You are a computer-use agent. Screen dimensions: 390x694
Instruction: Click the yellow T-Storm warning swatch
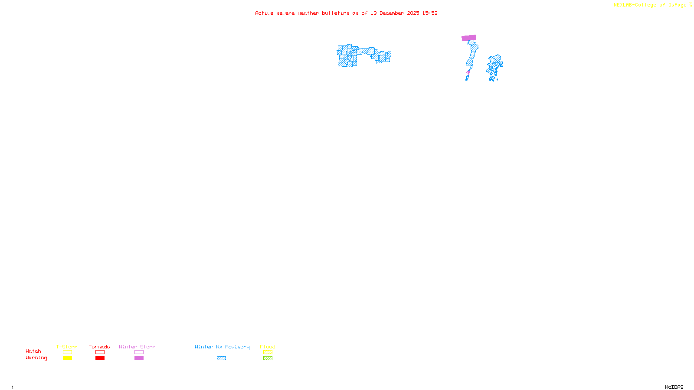pyautogui.click(x=67, y=358)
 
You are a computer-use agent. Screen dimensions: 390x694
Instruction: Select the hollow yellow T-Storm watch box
pyautogui.click(x=67, y=352)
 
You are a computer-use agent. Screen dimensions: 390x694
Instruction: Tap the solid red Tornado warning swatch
pyautogui.click(x=100, y=358)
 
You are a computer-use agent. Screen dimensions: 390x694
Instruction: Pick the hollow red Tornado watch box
pyautogui.click(x=100, y=352)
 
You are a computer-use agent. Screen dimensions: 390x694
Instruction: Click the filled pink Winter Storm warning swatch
pyautogui.click(x=139, y=358)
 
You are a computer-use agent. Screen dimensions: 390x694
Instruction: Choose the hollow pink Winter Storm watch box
pyautogui.click(x=139, y=352)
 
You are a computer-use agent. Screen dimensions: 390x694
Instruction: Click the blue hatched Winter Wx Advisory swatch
pyautogui.click(x=221, y=358)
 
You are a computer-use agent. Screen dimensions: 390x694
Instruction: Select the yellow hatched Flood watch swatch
pyautogui.click(x=268, y=352)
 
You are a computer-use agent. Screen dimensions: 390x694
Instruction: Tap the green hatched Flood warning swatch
pyautogui.click(x=268, y=358)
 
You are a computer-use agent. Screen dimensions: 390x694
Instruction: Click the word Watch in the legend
pyautogui.click(x=33, y=351)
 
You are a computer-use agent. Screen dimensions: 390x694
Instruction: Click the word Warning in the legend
pyautogui.click(x=36, y=358)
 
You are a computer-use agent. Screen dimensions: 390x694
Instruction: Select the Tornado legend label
pyautogui.click(x=99, y=347)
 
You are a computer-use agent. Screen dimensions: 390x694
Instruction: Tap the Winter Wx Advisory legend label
pyautogui.click(x=222, y=347)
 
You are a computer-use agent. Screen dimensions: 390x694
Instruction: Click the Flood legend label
pyautogui.click(x=268, y=347)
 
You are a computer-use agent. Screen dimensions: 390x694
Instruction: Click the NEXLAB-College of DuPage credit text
pyautogui.click(x=650, y=5)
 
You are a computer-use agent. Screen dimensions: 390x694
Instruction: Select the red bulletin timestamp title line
pyautogui.click(x=346, y=13)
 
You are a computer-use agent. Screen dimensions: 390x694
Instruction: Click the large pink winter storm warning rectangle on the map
pyautogui.click(x=469, y=38)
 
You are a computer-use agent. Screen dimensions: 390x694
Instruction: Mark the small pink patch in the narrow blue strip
pyautogui.click(x=468, y=72)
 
